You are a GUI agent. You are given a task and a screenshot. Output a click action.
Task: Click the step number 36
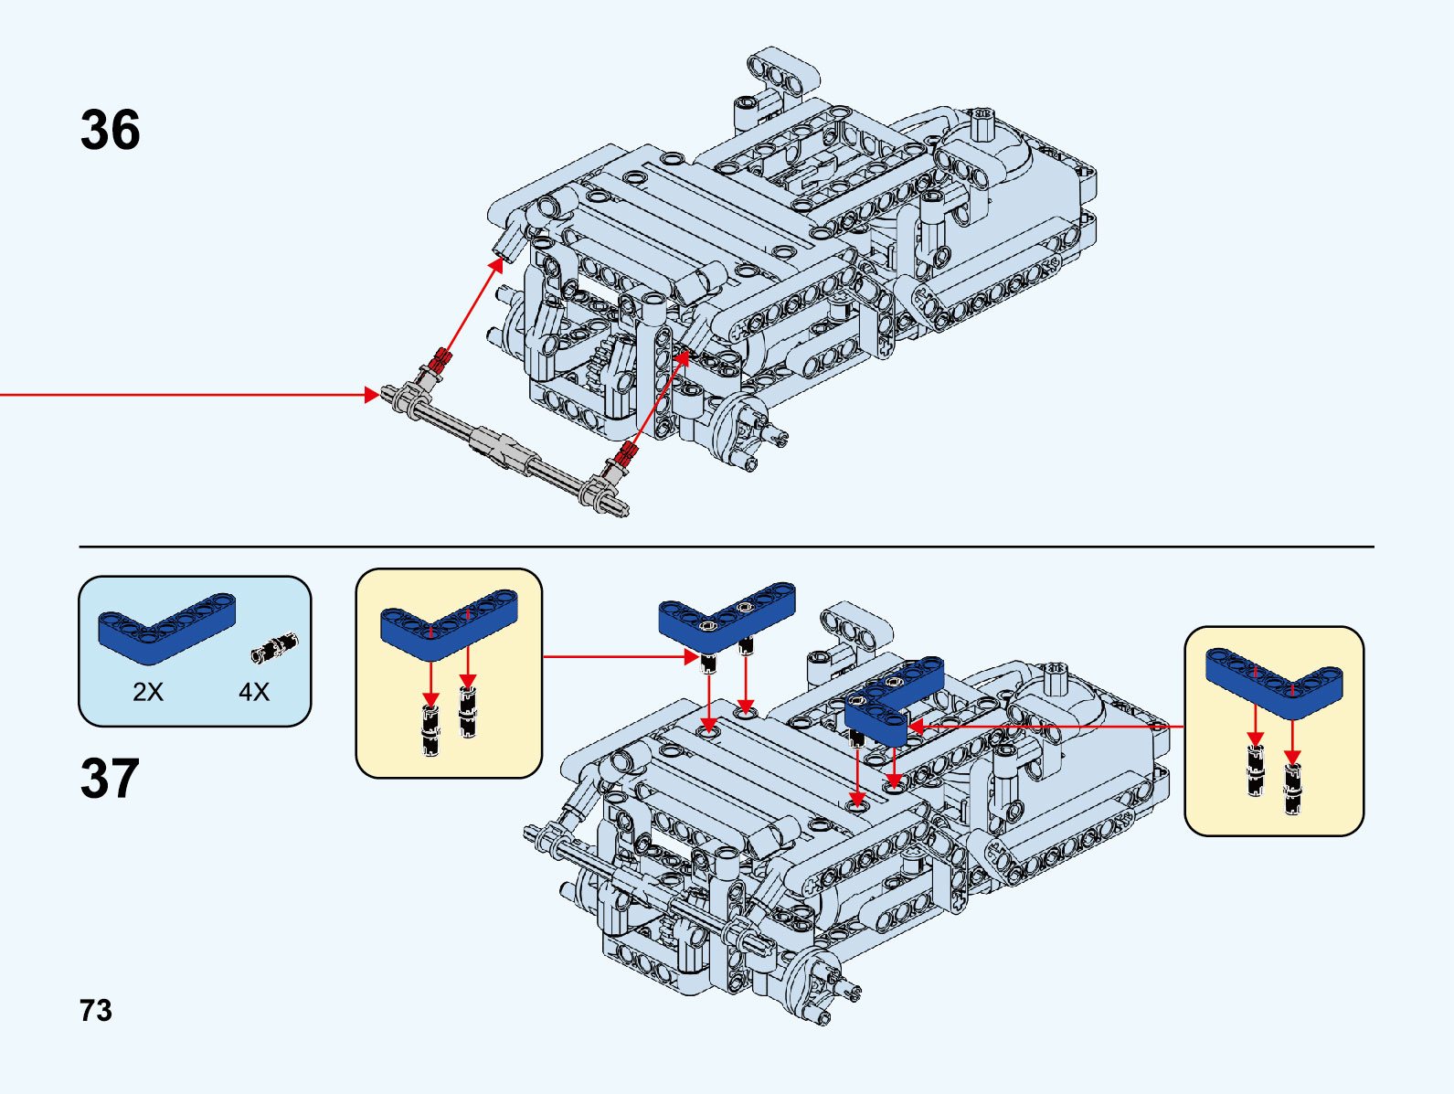110,130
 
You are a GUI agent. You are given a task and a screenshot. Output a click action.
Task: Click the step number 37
110,778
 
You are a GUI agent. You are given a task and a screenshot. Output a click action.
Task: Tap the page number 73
96,1011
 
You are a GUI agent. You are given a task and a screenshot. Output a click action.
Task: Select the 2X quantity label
148,692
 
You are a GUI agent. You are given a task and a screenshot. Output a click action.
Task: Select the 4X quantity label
254,692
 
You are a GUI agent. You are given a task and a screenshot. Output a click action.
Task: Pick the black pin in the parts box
275,648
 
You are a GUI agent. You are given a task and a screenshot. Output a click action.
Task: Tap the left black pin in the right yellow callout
1256,770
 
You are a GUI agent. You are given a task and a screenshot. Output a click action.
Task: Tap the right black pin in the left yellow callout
468,712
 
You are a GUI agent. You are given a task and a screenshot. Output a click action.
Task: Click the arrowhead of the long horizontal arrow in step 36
372,395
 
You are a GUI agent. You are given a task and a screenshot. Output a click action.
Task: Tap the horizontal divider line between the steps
726,547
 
